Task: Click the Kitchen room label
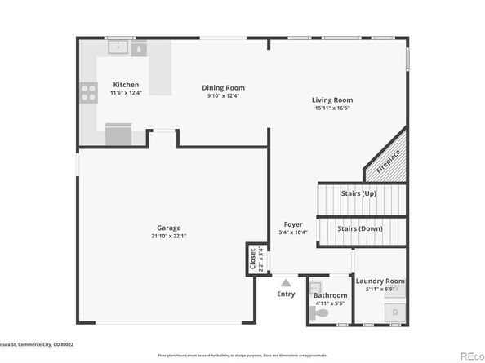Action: click(126, 85)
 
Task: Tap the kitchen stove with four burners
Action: click(87, 93)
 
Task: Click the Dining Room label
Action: click(223, 88)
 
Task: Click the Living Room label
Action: click(332, 100)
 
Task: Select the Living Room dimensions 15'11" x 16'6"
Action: click(332, 108)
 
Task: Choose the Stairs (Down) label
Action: click(360, 229)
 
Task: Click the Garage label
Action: click(169, 228)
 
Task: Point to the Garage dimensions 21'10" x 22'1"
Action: click(169, 236)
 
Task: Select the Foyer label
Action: click(293, 224)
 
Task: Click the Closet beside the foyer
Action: click(253, 259)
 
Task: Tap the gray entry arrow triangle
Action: click(286, 282)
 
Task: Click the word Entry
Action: click(286, 294)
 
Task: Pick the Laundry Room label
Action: click(380, 281)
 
